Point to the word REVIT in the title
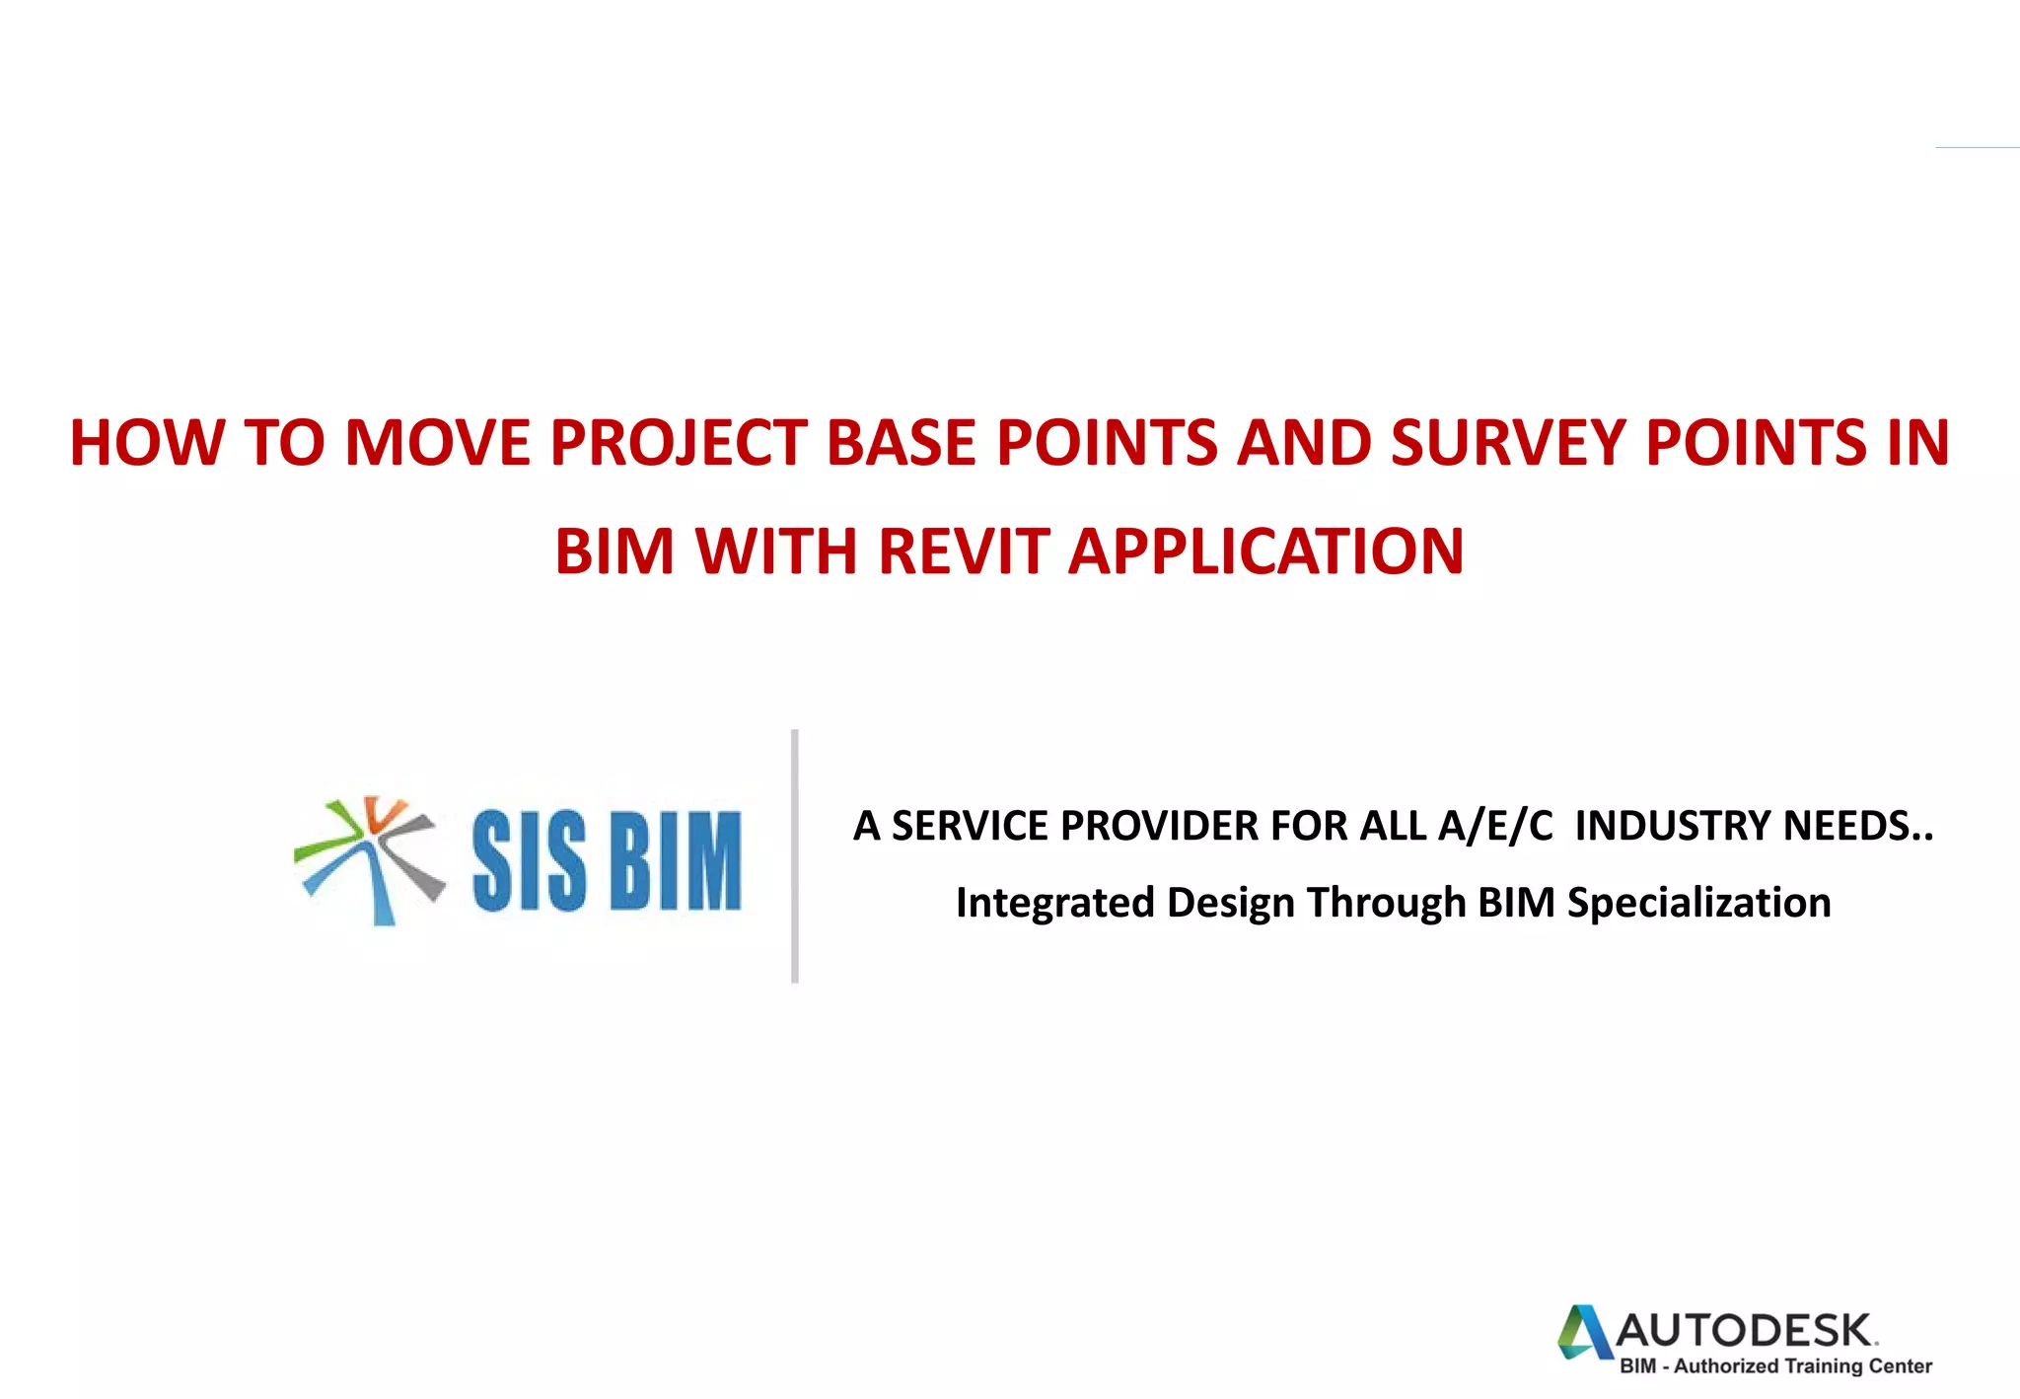pyautogui.click(x=963, y=551)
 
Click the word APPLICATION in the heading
pyautogui.click(x=1266, y=551)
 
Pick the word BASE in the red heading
pyautogui.click(x=902, y=442)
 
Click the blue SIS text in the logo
pyautogui.click(x=530, y=861)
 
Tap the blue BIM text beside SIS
pyautogui.click(x=676, y=861)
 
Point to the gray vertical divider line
pyautogui.click(x=795, y=856)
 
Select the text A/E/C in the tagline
pyautogui.click(x=1495, y=826)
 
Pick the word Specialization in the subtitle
pyautogui.click(x=1698, y=903)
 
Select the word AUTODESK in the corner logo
pyautogui.click(x=1745, y=1331)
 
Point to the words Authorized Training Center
pyautogui.click(x=1802, y=1366)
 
